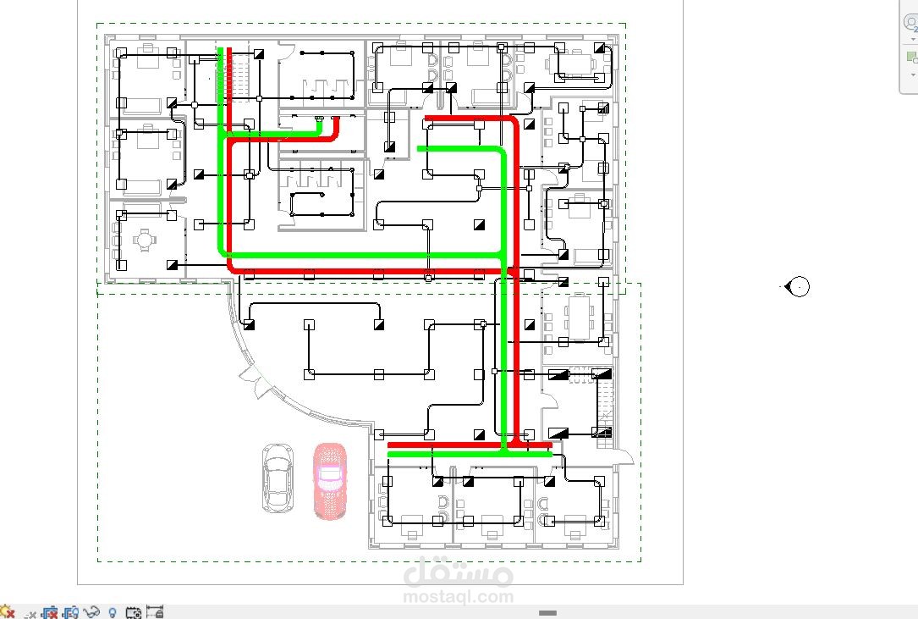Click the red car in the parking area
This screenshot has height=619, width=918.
(x=330, y=481)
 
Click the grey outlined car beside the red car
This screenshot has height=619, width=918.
(x=278, y=478)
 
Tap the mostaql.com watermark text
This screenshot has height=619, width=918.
(x=458, y=597)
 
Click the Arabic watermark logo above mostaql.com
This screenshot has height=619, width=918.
(x=458, y=571)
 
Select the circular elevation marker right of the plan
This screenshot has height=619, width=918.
(x=797, y=287)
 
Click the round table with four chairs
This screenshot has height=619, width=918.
(x=145, y=240)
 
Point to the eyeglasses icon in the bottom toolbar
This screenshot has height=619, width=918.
(x=91, y=612)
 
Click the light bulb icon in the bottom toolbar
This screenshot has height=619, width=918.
(x=113, y=613)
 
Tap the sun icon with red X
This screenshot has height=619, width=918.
(x=7, y=612)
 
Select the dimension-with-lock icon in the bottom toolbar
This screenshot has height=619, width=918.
(x=155, y=612)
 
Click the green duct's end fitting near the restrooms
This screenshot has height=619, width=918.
(x=319, y=119)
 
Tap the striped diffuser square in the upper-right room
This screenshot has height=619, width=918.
(x=603, y=108)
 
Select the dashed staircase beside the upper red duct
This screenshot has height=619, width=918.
(x=241, y=75)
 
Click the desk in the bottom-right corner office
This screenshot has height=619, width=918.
(x=574, y=522)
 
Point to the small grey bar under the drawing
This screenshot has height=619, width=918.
(x=547, y=613)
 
